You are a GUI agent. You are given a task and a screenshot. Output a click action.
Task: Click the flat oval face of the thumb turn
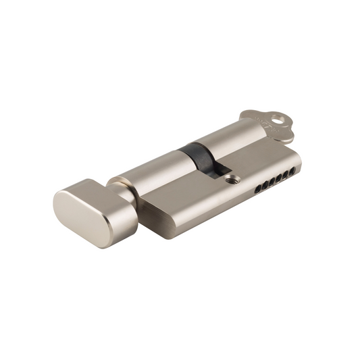(77, 213)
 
